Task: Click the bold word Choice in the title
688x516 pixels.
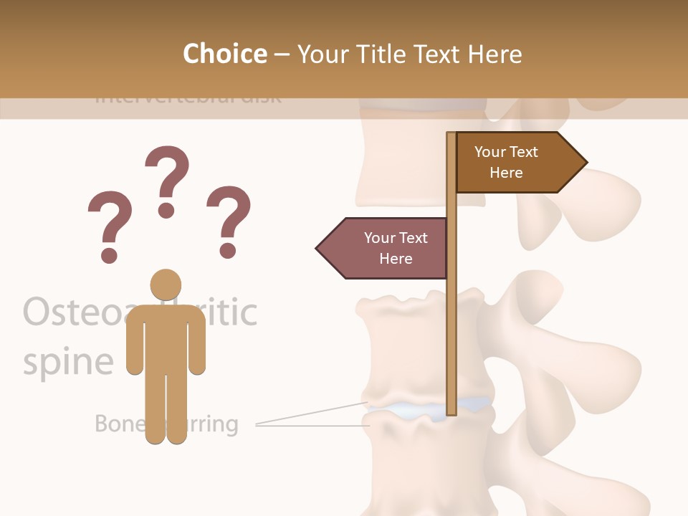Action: (224, 54)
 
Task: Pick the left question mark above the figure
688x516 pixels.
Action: (109, 219)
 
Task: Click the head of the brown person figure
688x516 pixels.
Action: (166, 285)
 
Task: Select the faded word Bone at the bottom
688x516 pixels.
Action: (119, 424)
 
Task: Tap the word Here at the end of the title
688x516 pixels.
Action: (495, 54)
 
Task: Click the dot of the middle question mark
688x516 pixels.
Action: (166, 209)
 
